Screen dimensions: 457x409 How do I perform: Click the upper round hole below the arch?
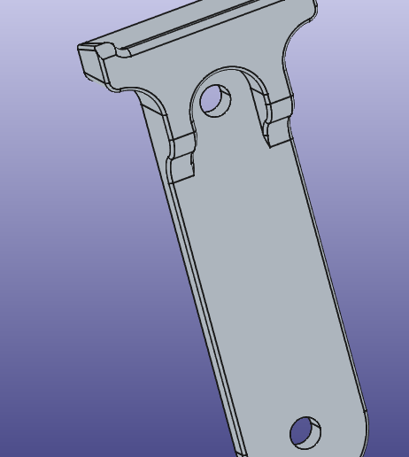(215, 100)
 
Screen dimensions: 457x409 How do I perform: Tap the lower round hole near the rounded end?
(305, 433)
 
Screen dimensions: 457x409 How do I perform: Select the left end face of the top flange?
(89, 60)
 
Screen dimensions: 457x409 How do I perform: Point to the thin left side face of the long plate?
(199, 292)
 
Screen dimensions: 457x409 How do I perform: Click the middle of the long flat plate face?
(266, 283)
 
